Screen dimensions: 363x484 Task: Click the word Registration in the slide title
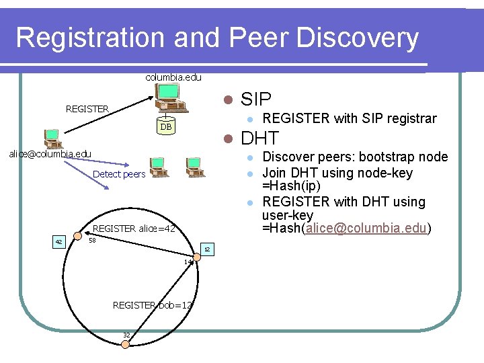coord(89,38)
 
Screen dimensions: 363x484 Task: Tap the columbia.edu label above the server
coord(173,77)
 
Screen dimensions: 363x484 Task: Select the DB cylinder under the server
coord(165,127)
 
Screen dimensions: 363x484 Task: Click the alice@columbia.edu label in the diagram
coord(50,154)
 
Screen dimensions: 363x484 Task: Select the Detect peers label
coord(119,174)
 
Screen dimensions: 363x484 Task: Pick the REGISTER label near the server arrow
coord(87,108)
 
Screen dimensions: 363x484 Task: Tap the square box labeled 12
coord(207,249)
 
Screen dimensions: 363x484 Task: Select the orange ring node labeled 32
coord(124,344)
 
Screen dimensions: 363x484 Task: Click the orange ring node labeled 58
coord(86,240)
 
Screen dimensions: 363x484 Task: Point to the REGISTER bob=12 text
coord(153,305)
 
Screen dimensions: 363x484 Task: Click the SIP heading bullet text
coord(255,99)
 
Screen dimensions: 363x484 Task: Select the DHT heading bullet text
coord(259,138)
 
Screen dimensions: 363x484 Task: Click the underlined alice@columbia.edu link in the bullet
coord(366,229)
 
